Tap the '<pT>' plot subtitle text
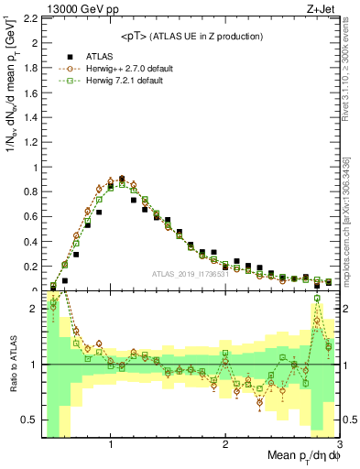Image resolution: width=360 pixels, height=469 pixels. (137, 36)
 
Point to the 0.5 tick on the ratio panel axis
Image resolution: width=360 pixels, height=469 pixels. (30, 420)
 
